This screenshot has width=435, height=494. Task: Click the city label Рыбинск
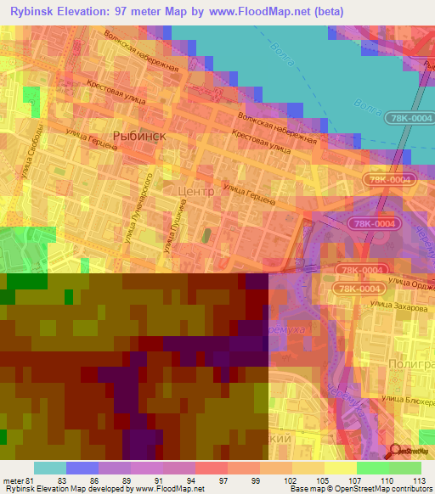pyautogui.click(x=138, y=135)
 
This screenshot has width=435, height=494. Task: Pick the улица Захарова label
pyautogui.click(x=399, y=309)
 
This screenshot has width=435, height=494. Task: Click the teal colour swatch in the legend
pyautogui.click(x=49, y=468)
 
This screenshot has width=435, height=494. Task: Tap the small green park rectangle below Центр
pyautogui.click(x=205, y=233)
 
